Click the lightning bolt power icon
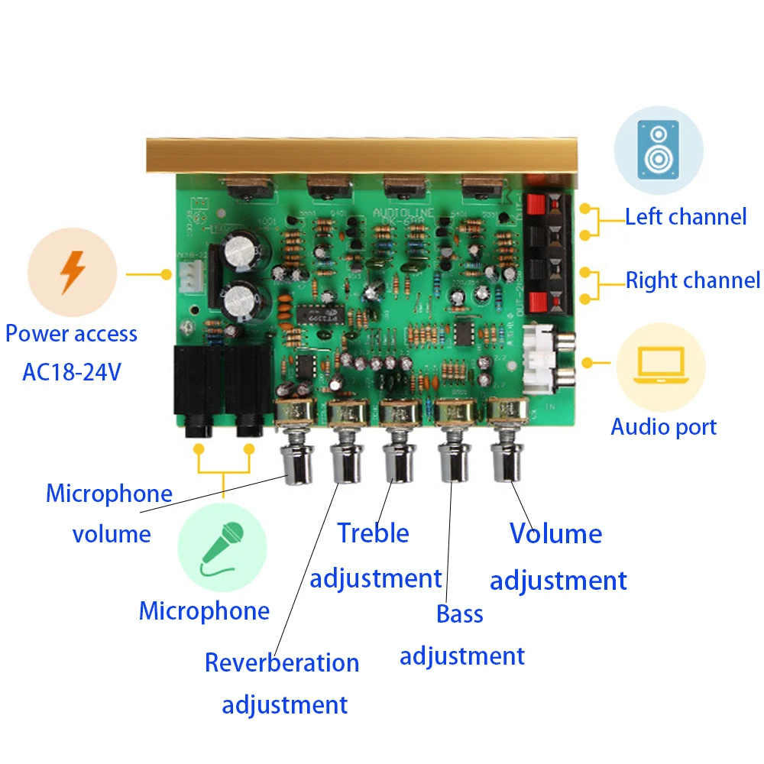pyautogui.click(x=73, y=271)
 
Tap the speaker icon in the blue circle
pyautogui.click(x=658, y=151)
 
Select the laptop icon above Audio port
pyautogui.click(x=659, y=367)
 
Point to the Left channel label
pyautogui.click(x=685, y=217)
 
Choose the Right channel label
pyautogui.click(x=693, y=280)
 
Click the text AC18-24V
pyautogui.click(x=71, y=373)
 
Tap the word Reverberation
pyautogui.click(x=281, y=662)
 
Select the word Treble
pyautogui.click(x=373, y=533)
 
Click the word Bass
pyautogui.click(x=460, y=613)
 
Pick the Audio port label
pyautogui.click(x=663, y=426)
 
